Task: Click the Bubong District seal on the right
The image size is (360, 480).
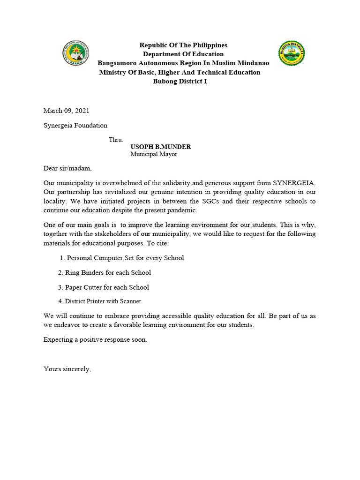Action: (x=292, y=53)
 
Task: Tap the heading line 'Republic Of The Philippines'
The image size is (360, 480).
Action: (x=183, y=45)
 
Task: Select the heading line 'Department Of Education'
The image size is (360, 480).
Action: (x=183, y=54)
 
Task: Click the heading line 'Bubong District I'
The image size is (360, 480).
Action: (x=180, y=81)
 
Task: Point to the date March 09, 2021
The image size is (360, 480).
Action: (x=66, y=111)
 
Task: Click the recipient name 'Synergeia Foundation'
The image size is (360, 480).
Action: (x=75, y=125)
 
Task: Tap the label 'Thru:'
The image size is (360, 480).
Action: (x=116, y=140)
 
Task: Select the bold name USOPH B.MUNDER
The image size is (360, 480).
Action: (x=160, y=147)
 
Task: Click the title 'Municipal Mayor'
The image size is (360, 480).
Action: (x=154, y=154)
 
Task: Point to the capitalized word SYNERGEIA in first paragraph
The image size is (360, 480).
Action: (x=294, y=183)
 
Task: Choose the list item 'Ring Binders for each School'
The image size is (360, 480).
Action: (x=105, y=272)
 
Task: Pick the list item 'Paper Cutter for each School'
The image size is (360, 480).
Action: (x=104, y=287)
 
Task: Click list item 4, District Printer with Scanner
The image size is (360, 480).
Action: (x=99, y=301)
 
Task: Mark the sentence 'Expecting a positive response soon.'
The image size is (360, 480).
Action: (x=95, y=339)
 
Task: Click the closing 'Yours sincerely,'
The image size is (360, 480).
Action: (x=67, y=369)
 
